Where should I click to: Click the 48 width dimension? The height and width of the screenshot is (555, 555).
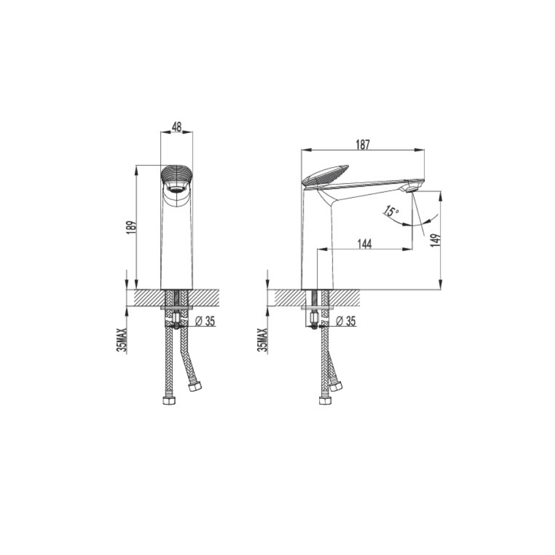tap(177, 127)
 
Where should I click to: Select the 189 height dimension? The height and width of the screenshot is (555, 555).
tap(131, 227)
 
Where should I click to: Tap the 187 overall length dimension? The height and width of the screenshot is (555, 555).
tap(363, 145)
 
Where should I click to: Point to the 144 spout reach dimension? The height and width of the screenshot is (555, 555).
tap(365, 244)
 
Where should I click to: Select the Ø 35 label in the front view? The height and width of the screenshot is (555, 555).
tap(205, 321)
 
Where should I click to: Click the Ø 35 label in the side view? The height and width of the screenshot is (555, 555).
tap(346, 321)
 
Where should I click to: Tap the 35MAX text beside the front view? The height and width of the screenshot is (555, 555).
tap(123, 339)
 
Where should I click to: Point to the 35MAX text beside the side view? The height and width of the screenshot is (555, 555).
tap(263, 339)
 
